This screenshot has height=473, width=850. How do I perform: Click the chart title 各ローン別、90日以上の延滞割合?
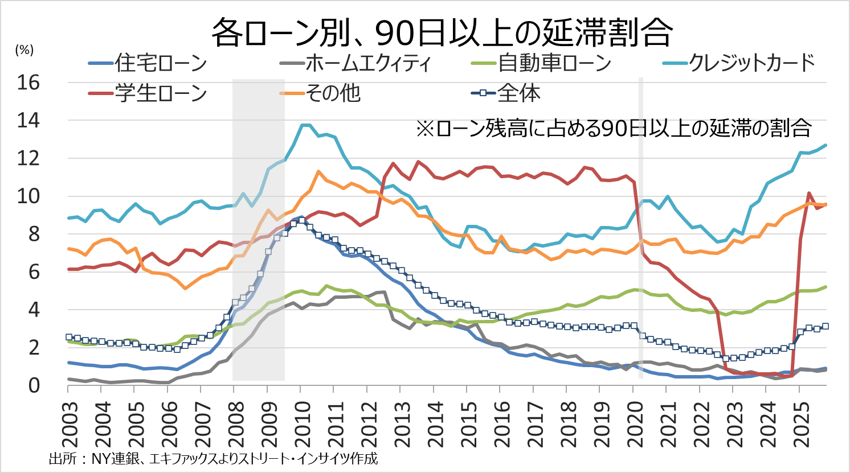[442, 32]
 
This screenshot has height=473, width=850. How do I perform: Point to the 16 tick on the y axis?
[28, 83]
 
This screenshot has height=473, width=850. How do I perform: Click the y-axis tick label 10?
[28, 196]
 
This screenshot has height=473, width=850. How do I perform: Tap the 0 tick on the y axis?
[34, 386]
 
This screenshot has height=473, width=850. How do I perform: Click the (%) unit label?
[24, 50]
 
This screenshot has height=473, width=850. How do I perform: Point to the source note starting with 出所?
[213, 459]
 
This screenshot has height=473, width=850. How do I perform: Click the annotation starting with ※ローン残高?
[614, 129]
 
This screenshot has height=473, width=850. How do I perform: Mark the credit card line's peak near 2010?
[305, 125]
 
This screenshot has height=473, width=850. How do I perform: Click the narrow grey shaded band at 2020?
[641, 228]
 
